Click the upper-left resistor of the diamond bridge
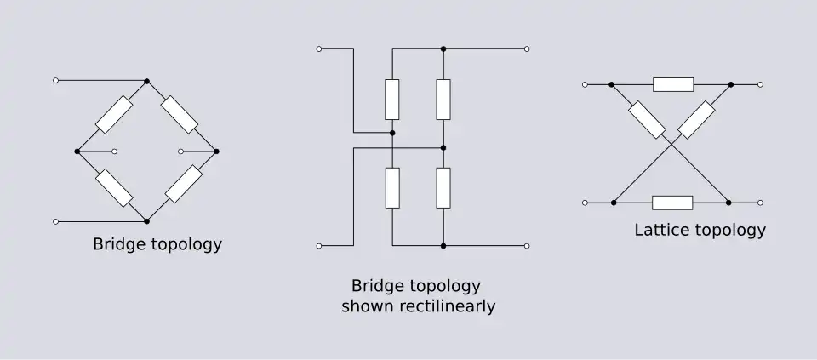coord(114,115)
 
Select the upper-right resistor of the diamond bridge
coord(180,115)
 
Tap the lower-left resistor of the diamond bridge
coord(114,187)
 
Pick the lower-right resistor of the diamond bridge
coord(183,184)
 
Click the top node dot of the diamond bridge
coord(147,81)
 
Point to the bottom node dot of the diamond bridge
coord(147,221)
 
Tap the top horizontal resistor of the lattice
coord(672,84)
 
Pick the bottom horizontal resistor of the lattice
coord(672,203)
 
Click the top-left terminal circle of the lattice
coord(584,84)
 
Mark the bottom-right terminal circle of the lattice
coord(760,203)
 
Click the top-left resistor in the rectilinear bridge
coord(392,99)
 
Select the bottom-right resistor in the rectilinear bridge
coord(443,188)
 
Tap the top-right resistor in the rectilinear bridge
coord(443,99)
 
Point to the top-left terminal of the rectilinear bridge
coord(319,49)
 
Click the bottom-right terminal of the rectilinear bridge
coord(528,246)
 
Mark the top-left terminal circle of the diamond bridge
coord(56,81)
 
